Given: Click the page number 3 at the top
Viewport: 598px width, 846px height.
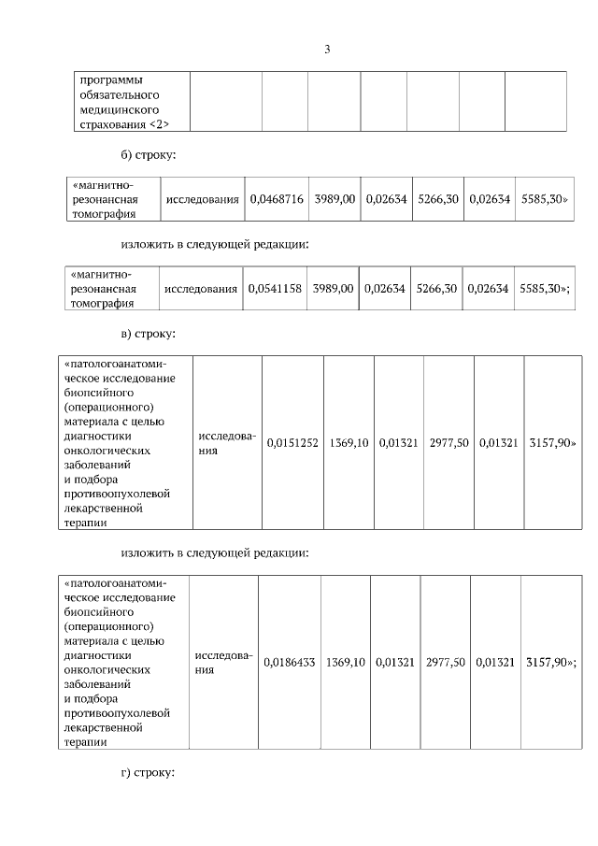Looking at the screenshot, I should (x=327, y=50).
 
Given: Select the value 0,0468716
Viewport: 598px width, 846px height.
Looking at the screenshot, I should (x=277, y=199).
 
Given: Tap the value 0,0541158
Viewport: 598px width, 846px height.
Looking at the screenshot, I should (x=275, y=289).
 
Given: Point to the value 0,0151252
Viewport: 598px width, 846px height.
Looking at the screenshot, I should (x=292, y=442).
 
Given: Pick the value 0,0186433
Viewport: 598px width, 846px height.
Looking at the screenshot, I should (x=290, y=662).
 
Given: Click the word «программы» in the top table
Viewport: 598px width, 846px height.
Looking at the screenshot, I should (x=111, y=79).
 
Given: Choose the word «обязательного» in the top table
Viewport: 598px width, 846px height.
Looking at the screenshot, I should (x=121, y=94).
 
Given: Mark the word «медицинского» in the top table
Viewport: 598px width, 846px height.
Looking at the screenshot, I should (x=119, y=109).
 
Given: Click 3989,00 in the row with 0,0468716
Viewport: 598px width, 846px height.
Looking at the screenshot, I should (x=335, y=199).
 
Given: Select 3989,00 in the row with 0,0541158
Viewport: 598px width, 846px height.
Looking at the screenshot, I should (x=333, y=289).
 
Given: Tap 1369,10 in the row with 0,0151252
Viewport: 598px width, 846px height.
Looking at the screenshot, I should (x=348, y=442).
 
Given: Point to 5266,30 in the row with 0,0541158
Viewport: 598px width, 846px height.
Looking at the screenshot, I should (x=436, y=289).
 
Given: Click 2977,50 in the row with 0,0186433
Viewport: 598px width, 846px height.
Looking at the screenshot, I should (x=446, y=662).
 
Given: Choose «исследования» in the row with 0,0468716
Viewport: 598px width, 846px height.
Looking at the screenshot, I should (x=202, y=199).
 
